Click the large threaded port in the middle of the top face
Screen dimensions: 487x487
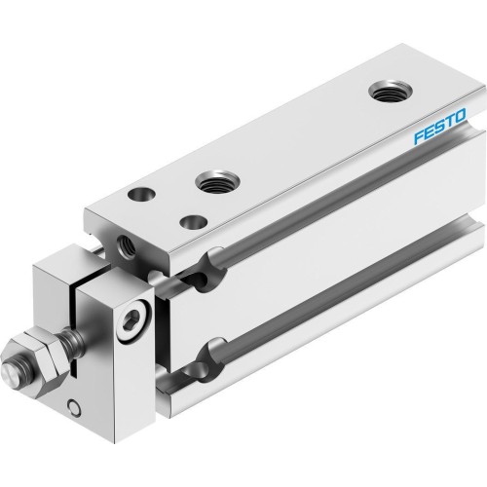(212, 180)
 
